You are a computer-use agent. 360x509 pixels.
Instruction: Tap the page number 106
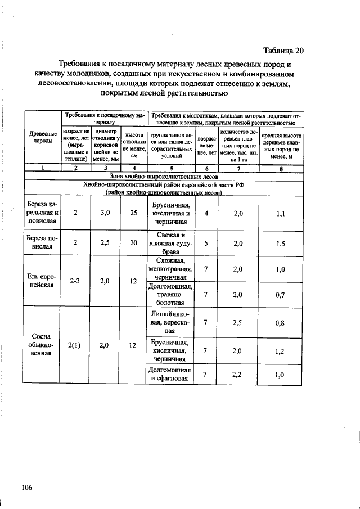pyautogui.click(x=27, y=487)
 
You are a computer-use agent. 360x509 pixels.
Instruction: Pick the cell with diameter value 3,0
pyautogui.click(x=104, y=213)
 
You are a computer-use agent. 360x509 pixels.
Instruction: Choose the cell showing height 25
pyautogui.click(x=133, y=213)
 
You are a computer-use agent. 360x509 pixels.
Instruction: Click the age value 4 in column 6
pyautogui.click(x=206, y=213)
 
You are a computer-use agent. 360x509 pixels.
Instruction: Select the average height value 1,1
pyautogui.click(x=281, y=213)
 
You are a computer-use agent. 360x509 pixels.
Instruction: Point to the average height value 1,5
pyautogui.click(x=281, y=244)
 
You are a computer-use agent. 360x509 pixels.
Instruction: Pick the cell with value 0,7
pyautogui.click(x=281, y=294)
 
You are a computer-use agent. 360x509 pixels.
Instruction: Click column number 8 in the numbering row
pyautogui.click(x=281, y=168)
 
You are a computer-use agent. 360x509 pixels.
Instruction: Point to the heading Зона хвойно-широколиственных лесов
pyautogui.click(x=163, y=176)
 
